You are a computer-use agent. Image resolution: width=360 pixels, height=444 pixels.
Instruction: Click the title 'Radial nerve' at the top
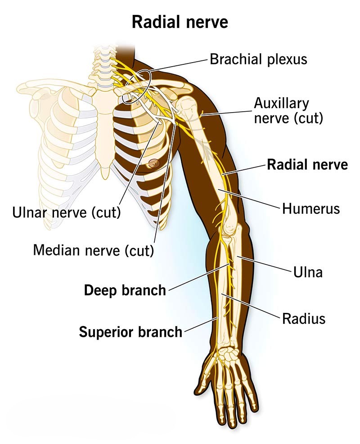pyautogui.click(x=180, y=22)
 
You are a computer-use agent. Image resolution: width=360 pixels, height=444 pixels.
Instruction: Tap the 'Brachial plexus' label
pyautogui.click(x=258, y=59)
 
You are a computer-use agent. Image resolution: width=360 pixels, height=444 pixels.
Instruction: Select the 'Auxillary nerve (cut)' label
pyautogui.click(x=288, y=111)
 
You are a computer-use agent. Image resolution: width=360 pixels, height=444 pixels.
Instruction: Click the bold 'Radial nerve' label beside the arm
pyautogui.click(x=307, y=164)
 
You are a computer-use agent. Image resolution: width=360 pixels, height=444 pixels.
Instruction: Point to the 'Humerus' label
pyautogui.click(x=311, y=209)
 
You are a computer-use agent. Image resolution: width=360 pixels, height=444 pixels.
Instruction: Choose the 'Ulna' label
pyautogui.click(x=308, y=272)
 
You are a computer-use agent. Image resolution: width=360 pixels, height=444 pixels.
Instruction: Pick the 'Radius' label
pyautogui.click(x=304, y=318)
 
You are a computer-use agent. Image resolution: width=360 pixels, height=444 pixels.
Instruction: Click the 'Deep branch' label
pyautogui.click(x=125, y=290)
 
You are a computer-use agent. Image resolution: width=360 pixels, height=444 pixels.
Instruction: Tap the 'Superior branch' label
pyautogui.click(x=130, y=332)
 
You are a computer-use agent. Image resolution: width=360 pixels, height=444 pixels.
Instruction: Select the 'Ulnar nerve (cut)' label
pyautogui.click(x=67, y=213)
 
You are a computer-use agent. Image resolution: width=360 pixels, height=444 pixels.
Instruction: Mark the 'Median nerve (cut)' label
pyautogui.click(x=94, y=250)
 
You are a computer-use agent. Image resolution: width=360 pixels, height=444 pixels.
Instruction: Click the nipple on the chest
pyautogui.click(x=154, y=163)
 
